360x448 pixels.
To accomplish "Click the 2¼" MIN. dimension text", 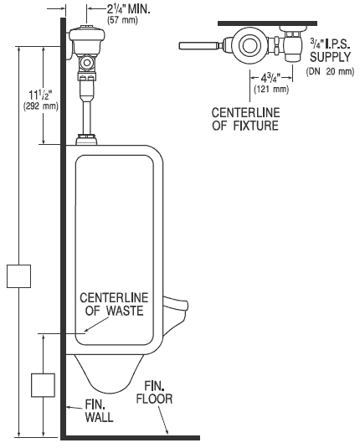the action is [x=129, y=9].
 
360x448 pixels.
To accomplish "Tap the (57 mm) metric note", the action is [x=122, y=20].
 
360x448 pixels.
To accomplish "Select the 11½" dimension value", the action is [x=41, y=95].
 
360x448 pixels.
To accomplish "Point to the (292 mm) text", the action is [x=40, y=106].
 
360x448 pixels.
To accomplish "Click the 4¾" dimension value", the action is [x=270, y=78].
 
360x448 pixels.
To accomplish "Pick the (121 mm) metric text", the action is [x=271, y=89].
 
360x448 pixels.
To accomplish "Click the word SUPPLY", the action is [x=330, y=57].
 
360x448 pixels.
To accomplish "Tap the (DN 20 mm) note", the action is [x=330, y=71].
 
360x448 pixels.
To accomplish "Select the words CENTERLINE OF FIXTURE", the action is [x=245, y=119].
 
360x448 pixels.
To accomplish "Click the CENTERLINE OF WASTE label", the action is [x=114, y=304].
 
